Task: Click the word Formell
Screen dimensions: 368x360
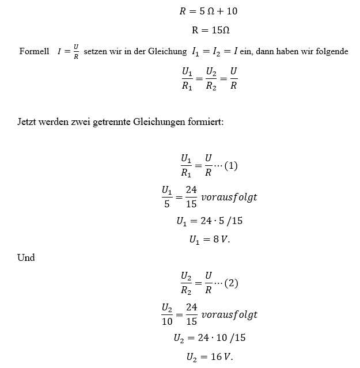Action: [34, 52]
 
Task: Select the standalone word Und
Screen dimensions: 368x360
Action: [26, 257]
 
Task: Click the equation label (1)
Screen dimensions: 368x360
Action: [230, 166]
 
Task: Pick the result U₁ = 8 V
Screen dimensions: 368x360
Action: [210, 239]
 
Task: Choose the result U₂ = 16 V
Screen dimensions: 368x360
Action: [210, 357]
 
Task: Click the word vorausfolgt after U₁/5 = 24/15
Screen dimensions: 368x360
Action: [229, 197]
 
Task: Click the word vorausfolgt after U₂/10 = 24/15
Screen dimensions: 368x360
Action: [229, 314]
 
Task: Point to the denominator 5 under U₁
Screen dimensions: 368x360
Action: [167, 204]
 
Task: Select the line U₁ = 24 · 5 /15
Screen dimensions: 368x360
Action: [210, 219]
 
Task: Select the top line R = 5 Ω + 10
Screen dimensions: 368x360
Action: [209, 10]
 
